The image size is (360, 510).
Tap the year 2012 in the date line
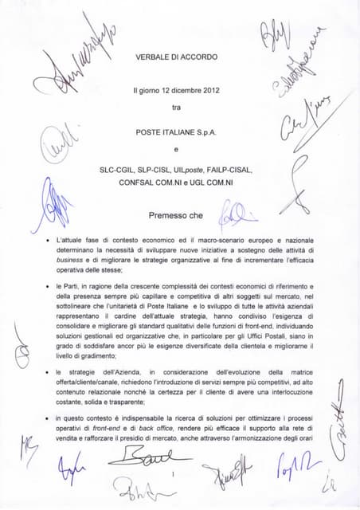pos(206,89)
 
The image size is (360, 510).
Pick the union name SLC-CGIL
pos(117,170)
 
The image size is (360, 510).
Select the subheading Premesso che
pos(176,215)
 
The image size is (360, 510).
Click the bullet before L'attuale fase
pos(49,239)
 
